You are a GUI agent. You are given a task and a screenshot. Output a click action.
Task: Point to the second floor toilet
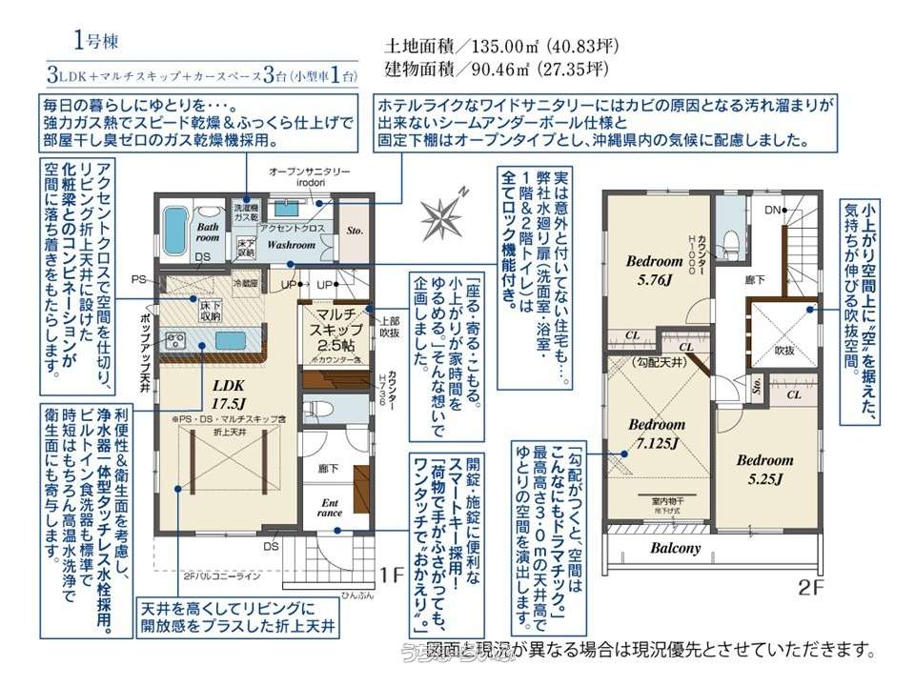(x=731, y=237)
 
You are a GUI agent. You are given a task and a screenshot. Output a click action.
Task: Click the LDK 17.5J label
(x=229, y=392)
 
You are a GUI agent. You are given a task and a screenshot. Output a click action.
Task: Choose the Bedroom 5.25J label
(x=764, y=469)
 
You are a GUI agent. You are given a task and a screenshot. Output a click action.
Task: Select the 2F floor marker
(x=810, y=588)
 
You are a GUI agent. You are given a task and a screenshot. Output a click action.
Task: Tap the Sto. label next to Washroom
(x=355, y=230)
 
